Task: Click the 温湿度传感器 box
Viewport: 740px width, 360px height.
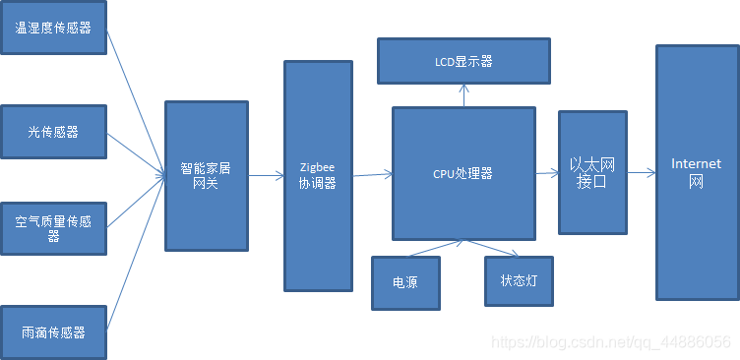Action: (53, 29)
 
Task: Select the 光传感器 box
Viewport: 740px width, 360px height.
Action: (53, 131)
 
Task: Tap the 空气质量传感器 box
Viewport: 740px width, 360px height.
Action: (53, 229)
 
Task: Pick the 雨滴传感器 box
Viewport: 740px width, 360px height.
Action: (53, 332)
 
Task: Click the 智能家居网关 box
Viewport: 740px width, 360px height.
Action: (207, 176)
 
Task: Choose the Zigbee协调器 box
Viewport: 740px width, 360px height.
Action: (318, 176)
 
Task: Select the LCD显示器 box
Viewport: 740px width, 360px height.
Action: (463, 61)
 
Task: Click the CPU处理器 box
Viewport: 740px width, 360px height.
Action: (463, 174)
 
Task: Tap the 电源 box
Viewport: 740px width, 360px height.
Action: (405, 282)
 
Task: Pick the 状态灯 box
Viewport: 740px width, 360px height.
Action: (519, 280)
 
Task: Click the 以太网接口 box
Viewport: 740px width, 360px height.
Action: (592, 172)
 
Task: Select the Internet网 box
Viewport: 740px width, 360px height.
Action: (697, 172)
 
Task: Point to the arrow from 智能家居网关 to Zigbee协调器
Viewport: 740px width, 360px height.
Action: (266, 176)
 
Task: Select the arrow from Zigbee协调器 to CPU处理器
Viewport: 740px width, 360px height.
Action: (372, 175)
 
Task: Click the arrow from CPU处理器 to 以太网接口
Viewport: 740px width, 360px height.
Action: (547, 173)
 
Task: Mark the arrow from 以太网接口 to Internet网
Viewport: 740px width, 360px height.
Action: (641, 173)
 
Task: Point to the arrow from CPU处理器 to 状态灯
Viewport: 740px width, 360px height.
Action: (487, 248)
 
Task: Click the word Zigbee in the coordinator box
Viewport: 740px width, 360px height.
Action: (318, 167)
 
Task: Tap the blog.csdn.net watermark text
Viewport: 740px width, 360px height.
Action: (610, 342)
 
